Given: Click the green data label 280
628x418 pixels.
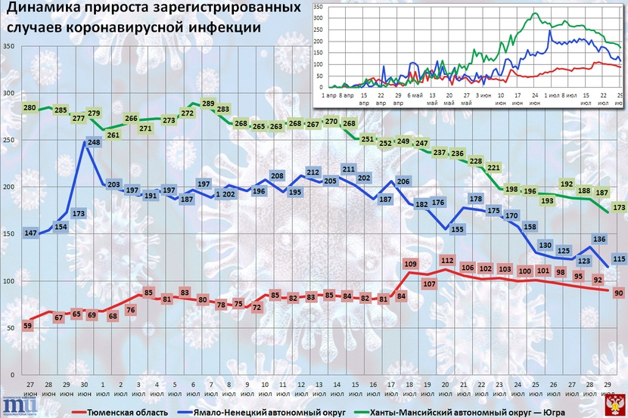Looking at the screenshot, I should [x=30, y=109].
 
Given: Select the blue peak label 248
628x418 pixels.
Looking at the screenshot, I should [x=94, y=142].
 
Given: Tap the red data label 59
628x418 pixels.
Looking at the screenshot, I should [x=28, y=326].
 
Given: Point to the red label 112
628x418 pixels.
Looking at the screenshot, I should [x=446, y=261].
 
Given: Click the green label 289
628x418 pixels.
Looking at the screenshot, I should [x=209, y=104].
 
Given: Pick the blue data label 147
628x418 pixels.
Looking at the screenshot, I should [x=31, y=234].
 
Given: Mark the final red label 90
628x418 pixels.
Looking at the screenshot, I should [x=618, y=293].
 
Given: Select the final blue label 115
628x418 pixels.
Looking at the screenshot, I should [x=618, y=259].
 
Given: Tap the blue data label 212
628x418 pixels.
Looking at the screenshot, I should [x=313, y=173].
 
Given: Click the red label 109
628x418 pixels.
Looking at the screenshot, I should [x=412, y=264].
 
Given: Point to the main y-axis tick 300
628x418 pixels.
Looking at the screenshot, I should [x=9, y=94].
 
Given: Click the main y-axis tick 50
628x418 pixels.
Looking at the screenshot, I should [x=11, y=328].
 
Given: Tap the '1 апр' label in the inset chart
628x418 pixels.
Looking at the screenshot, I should [x=331, y=97].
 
